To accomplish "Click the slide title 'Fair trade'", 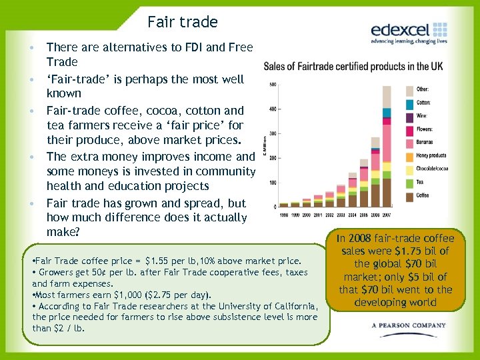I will [183, 22].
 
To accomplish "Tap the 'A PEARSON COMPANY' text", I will [409, 326].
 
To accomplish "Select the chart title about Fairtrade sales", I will [353, 66].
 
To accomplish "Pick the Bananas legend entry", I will [425, 142].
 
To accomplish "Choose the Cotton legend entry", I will [423, 103].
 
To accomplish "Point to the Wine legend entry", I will [421, 116].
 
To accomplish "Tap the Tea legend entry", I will [421, 182].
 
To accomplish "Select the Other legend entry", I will [423, 89].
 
